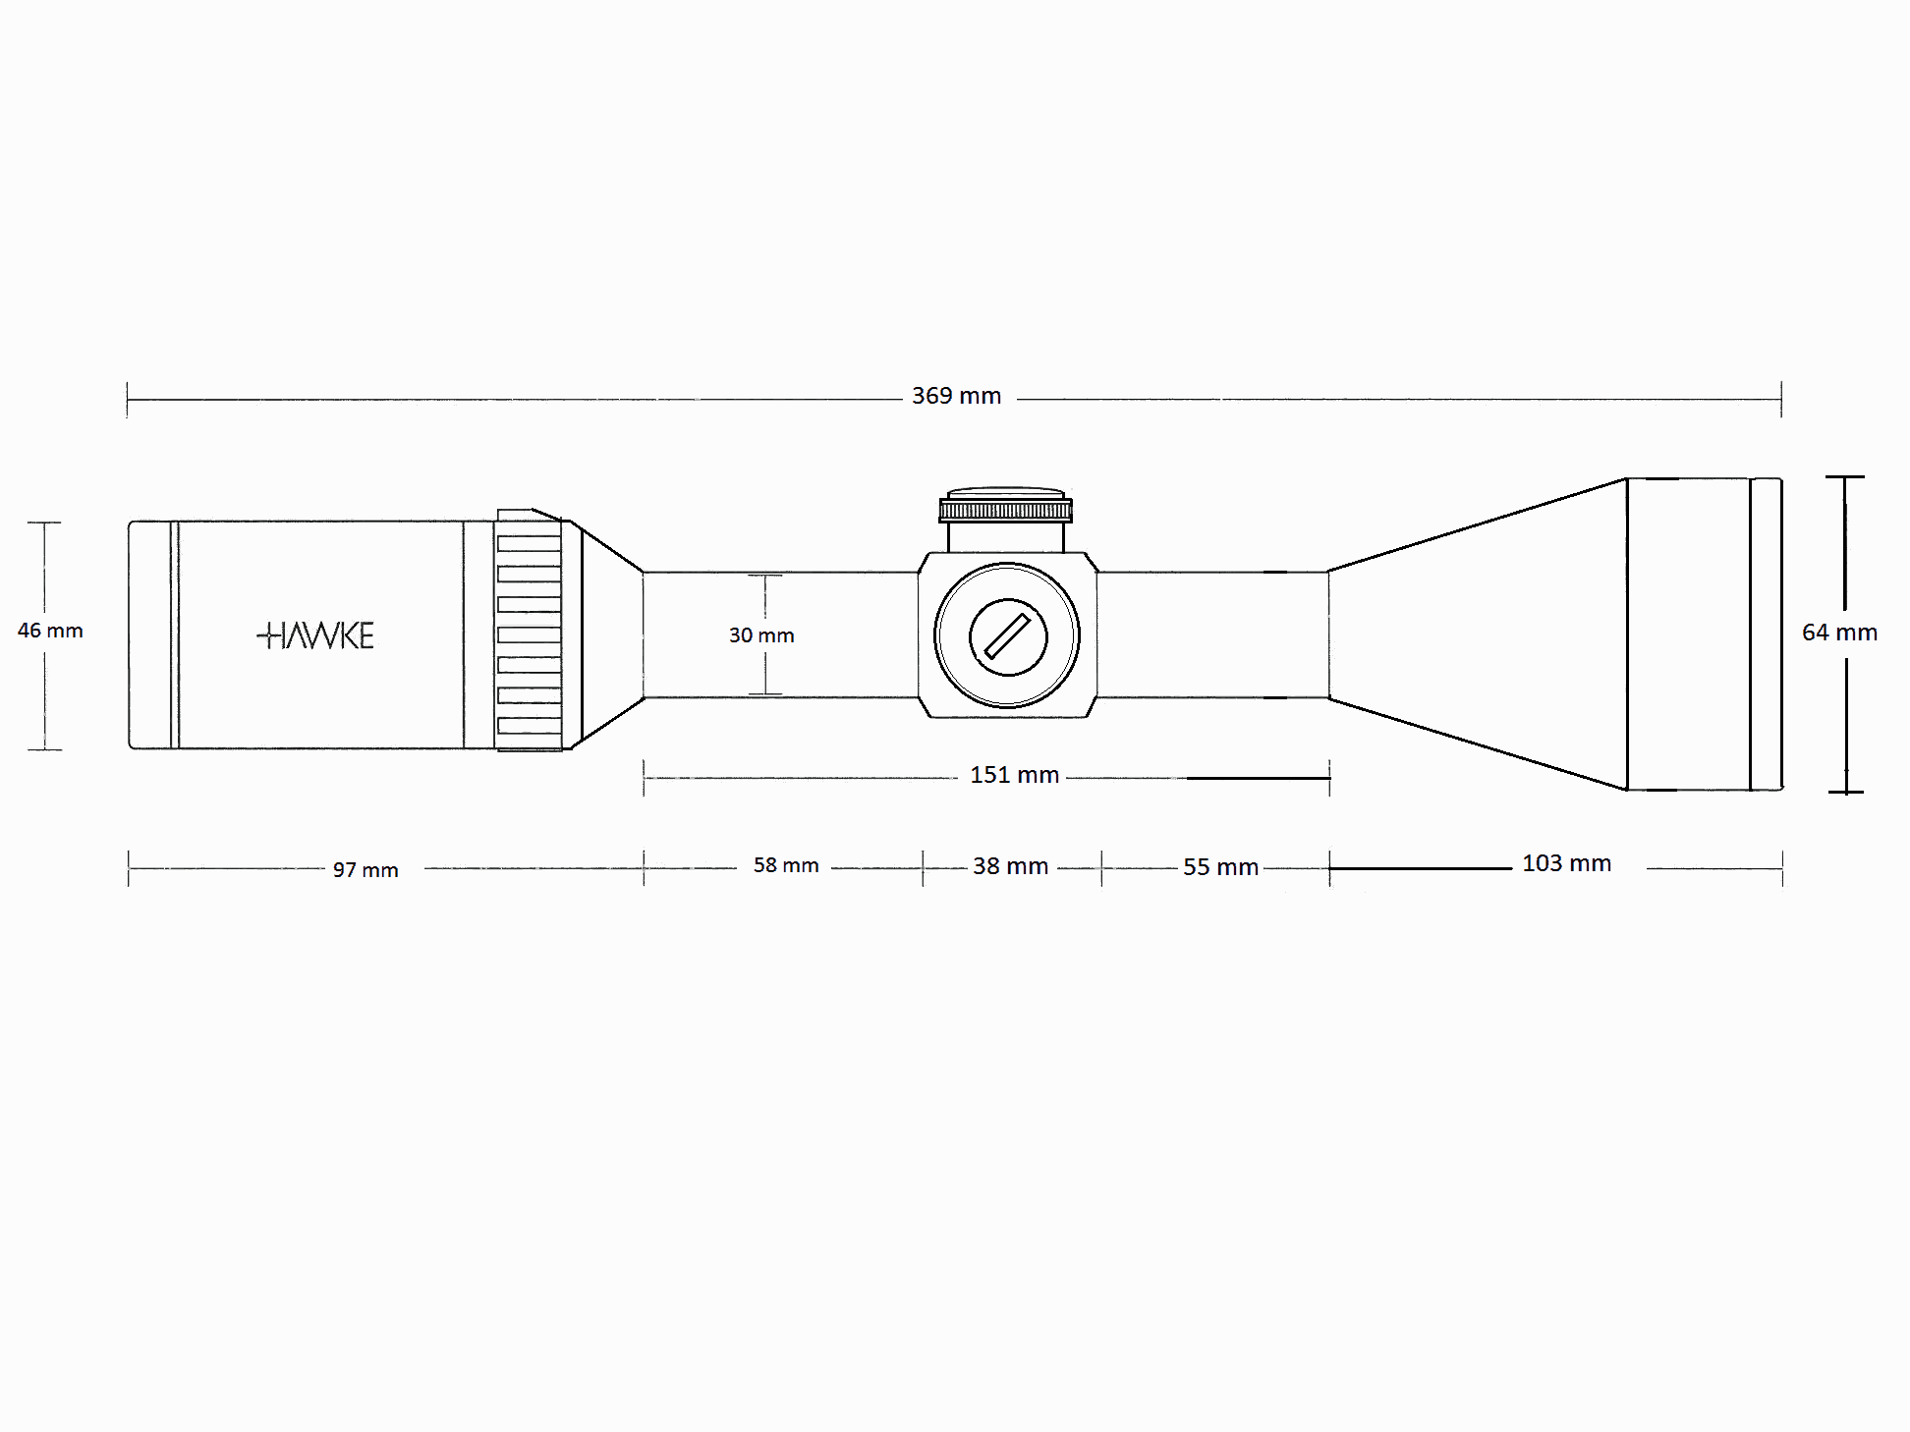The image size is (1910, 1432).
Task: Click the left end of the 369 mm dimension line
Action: pyautogui.click(x=128, y=400)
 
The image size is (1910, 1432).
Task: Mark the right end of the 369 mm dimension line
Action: pyautogui.click(x=1781, y=400)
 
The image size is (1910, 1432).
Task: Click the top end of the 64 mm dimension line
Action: pyautogui.click(x=1845, y=477)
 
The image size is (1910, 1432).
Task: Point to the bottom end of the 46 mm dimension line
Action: pyautogui.click(x=45, y=749)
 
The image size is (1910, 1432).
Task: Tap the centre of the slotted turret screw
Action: pyautogui.click(x=1008, y=636)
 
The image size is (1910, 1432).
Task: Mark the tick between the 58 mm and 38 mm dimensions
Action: pyautogui.click(x=923, y=868)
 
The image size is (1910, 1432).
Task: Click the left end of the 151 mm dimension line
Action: pyautogui.click(x=644, y=778)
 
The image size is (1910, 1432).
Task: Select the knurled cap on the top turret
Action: pyautogui.click(x=1005, y=510)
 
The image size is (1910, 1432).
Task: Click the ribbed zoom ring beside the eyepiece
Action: pyautogui.click(x=529, y=630)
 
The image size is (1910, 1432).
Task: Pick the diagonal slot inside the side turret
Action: pyautogui.click(x=1007, y=636)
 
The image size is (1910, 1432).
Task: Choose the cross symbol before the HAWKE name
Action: pyautogui.click(x=266, y=635)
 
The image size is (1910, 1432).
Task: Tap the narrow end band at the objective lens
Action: pyautogui.click(x=1767, y=633)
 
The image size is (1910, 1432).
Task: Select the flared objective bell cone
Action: pyautogui.click(x=1478, y=633)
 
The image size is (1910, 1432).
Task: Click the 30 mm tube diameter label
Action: pyautogui.click(x=761, y=635)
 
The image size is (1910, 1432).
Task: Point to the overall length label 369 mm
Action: pyautogui.click(x=956, y=396)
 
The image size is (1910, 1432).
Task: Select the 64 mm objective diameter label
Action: pyautogui.click(x=1839, y=633)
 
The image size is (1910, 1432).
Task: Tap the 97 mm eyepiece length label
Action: pyautogui.click(x=365, y=870)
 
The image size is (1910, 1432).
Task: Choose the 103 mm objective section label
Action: pyautogui.click(x=1566, y=863)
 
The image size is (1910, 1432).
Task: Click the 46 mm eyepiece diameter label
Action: pyautogui.click(x=50, y=631)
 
